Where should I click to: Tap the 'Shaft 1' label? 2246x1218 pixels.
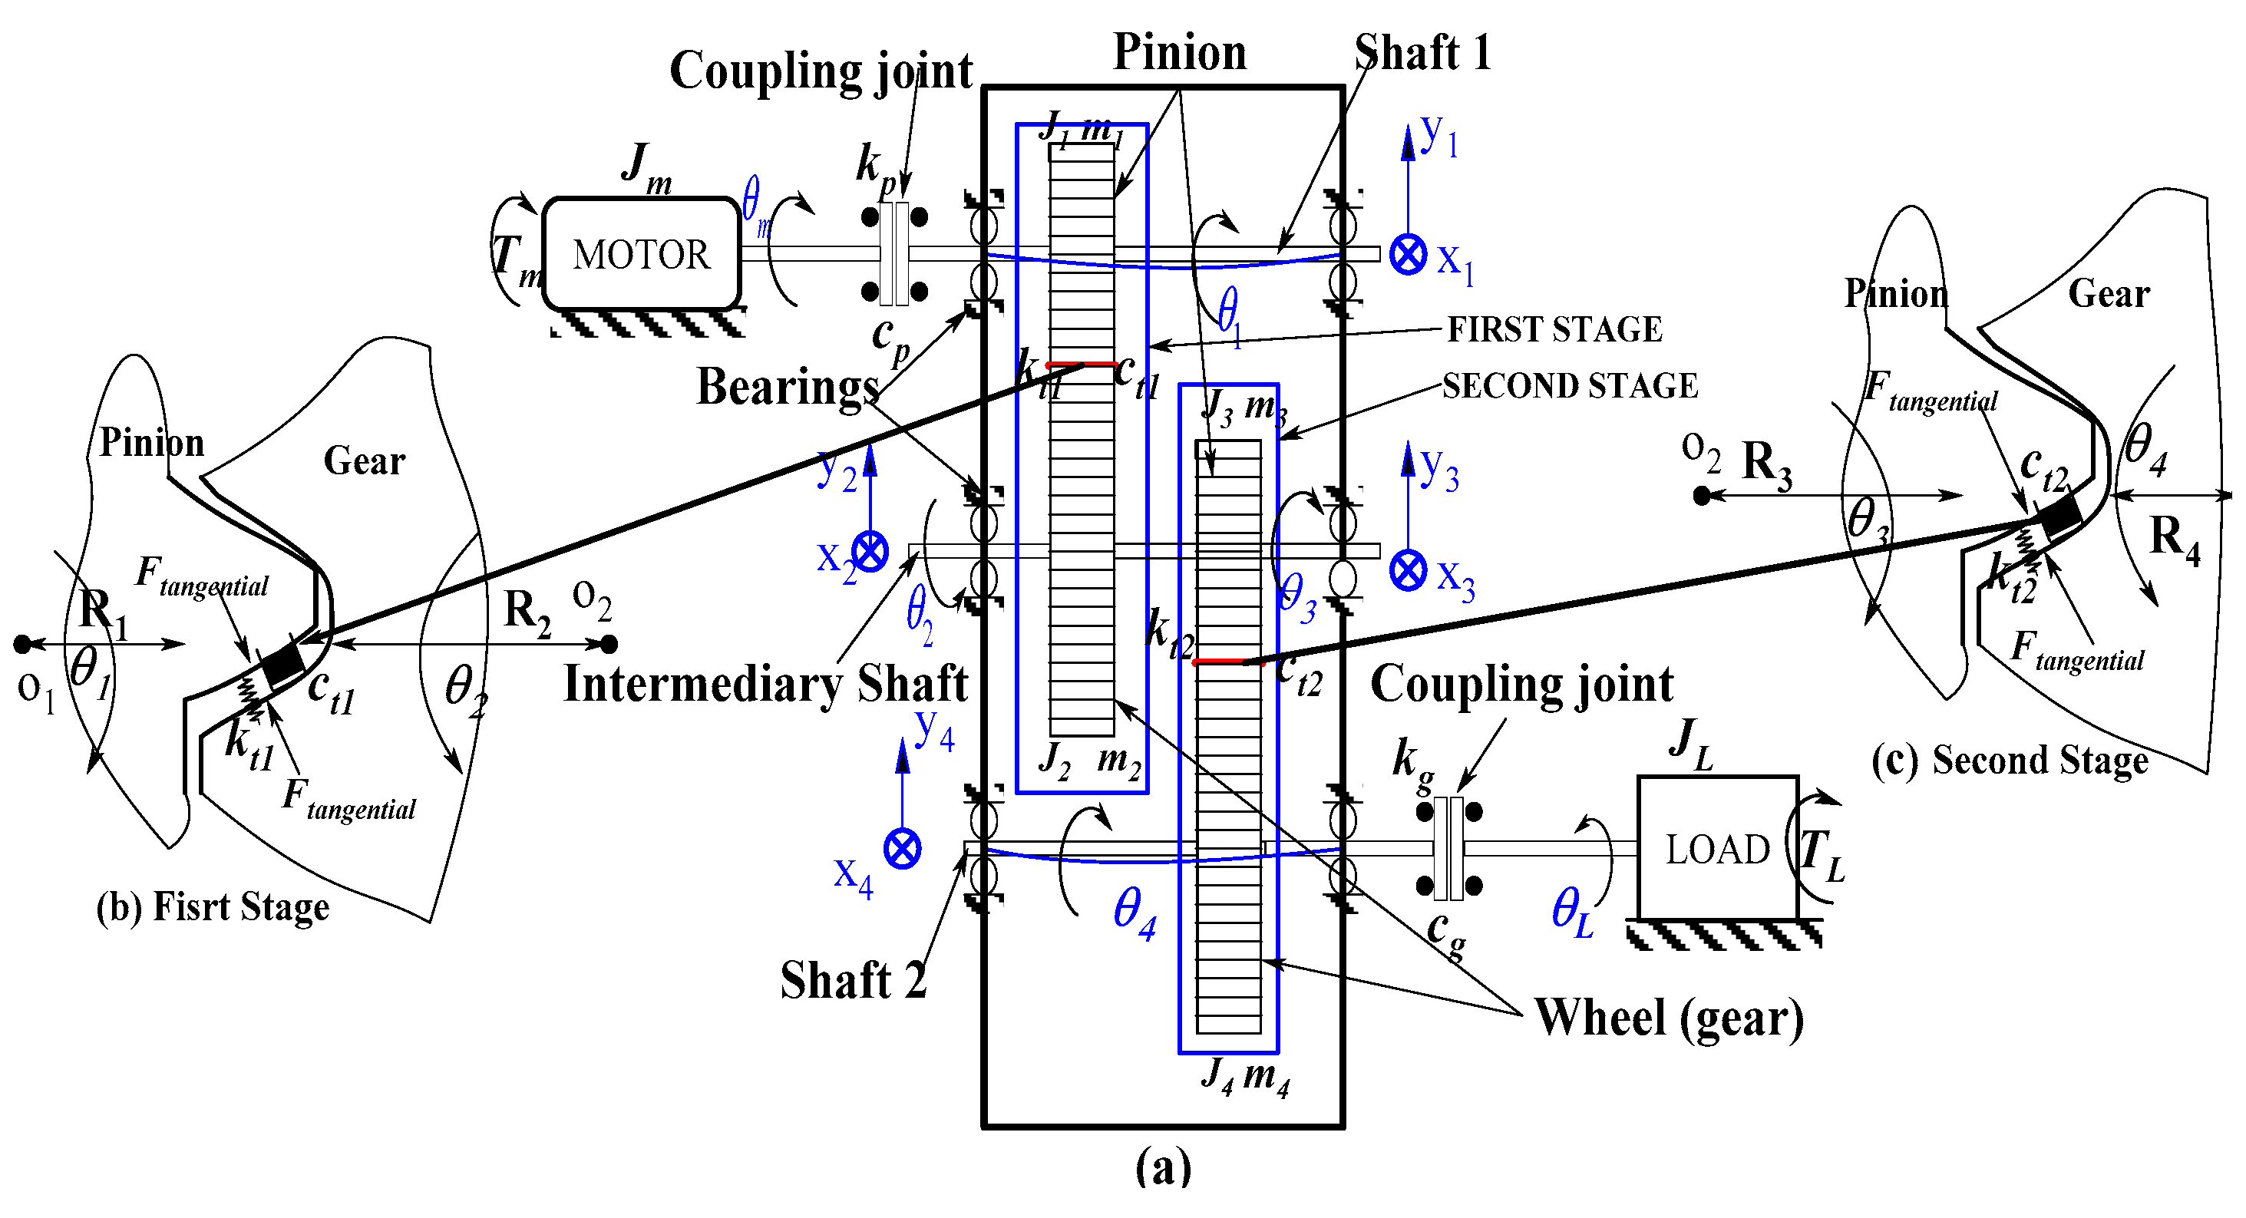coord(1423,52)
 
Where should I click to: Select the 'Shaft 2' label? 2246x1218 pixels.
coord(853,980)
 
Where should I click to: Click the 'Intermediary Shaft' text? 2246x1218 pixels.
coord(765,682)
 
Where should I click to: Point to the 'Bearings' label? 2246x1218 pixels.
coord(788,386)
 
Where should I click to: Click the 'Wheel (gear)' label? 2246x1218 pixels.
coord(1668,1018)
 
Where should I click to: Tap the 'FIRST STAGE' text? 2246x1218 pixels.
coord(1554,329)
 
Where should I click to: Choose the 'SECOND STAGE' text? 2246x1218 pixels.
coord(1570,386)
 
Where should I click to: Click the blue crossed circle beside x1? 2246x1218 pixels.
coord(1407,255)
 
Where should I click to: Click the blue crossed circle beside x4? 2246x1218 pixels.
coord(903,848)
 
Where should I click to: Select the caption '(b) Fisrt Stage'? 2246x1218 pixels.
coord(213,906)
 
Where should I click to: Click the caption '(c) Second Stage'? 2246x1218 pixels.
coord(2009,761)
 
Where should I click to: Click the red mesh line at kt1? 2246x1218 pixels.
coord(1081,364)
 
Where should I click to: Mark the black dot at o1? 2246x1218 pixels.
coord(23,645)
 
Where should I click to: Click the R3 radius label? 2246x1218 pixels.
coord(1766,462)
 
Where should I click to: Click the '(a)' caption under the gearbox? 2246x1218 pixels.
coord(1163,1167)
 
